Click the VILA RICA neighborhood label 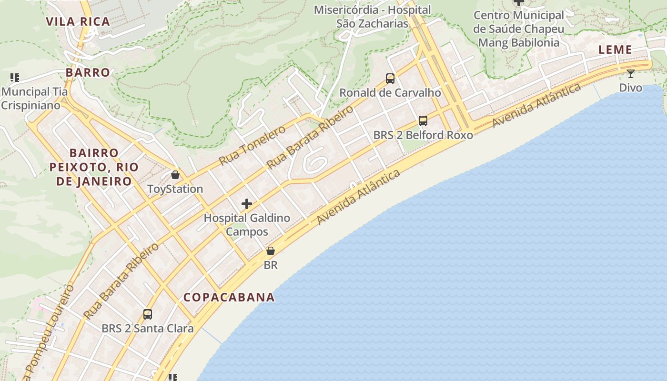click(78, 21)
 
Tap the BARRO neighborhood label click(88, 72)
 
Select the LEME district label click(615, 50)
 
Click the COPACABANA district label click(229, 297)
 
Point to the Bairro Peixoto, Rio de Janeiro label click(94, 167)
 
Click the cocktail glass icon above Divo click(630, 74)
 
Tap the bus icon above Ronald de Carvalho click(390, 79)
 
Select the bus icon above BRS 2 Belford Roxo click(423, 121)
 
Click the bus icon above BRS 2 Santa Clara click(148, 314)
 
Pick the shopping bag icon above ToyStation click(175, 175)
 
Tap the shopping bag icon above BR click(271, 251)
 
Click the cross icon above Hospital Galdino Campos click(247, 204)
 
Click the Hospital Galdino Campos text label click(247, 225)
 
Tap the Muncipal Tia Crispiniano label click(34, 98)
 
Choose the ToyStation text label click(175, 189)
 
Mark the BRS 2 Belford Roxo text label click(423, 135)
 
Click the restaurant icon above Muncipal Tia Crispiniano click(15, 77)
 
